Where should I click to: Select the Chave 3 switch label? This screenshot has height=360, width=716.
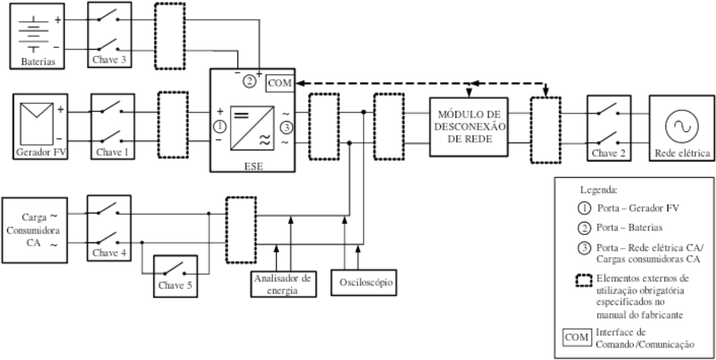pyautogui.click(x=109, y=59)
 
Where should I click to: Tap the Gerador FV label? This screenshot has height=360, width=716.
pyautogui.click(x=41, y=152)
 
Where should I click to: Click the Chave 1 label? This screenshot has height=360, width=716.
pyautogui.click(x=112, y=152)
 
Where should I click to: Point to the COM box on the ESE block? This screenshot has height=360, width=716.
pyautogui.click(x=280, y=84)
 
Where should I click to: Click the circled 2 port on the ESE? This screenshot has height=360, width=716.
pyautogui.click(x=250, y=82)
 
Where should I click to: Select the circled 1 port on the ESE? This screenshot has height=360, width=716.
pyautogui.click(x=220, y=125)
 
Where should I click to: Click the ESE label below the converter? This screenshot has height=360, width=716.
pyautogui.click(x=253, y=166)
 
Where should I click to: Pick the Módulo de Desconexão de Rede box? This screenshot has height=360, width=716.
pyautogui.click(x=468, y=127)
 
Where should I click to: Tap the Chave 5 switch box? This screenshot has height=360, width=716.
pyautogui.click(x=175, y=276)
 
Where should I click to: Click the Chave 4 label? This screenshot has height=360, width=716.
pyautogui.click(x=109, y=253)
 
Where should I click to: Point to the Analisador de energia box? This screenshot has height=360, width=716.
pyautogui.click(x=283, y=284)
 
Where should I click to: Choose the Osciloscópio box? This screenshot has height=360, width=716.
pyautogui.click(x=363, y=283)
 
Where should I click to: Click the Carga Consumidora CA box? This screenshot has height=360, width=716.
pyautogui.click(x=35, y=230)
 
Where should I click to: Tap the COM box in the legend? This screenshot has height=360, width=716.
pyautogui.click(x=577, y=338)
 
